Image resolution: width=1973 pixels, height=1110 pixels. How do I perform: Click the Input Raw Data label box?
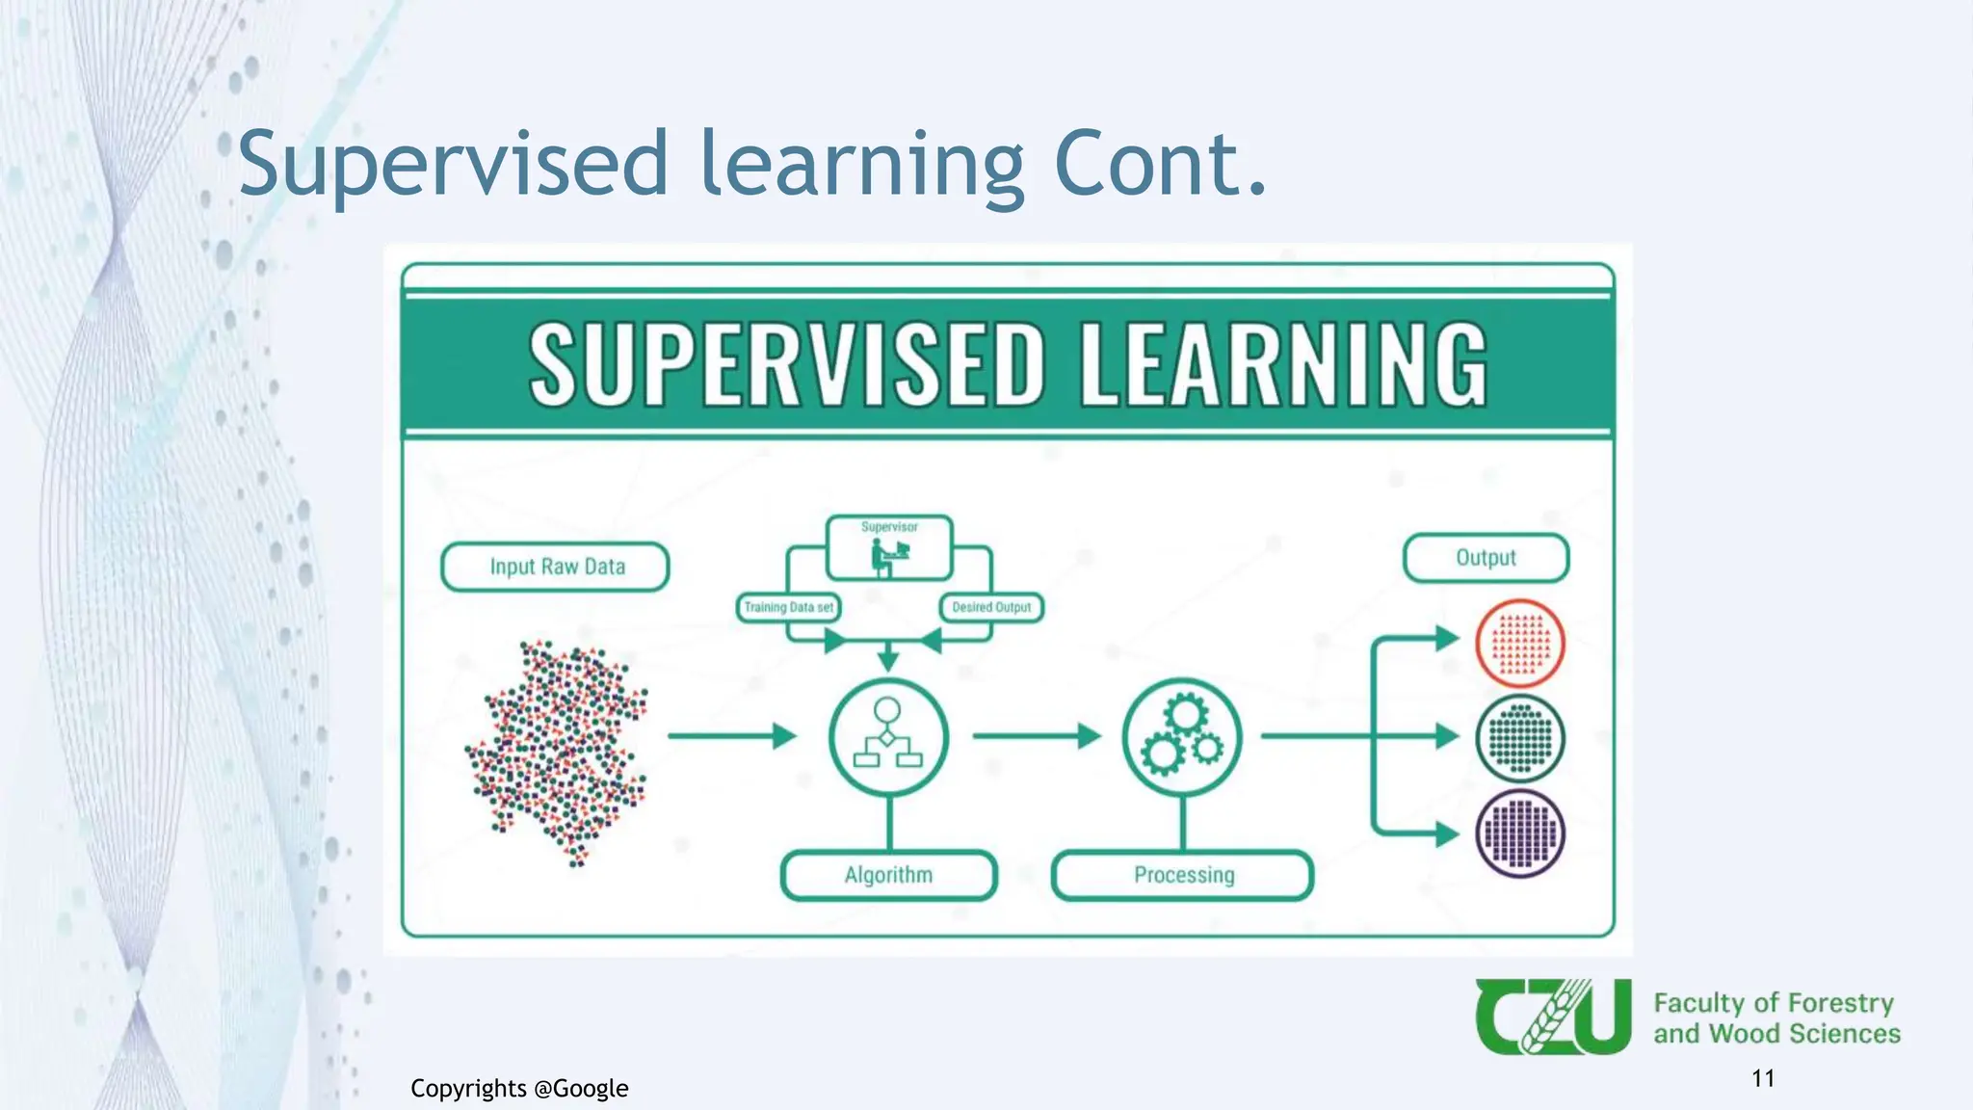[x=556, y=567]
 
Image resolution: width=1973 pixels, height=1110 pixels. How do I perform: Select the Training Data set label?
[x=788, y=607]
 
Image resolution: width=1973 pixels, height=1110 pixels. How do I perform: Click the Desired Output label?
[x=991, y=607]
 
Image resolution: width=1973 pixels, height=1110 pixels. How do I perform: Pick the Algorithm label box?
[x=888, y=875]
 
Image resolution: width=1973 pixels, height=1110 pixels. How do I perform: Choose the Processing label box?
[x=1183, y=875]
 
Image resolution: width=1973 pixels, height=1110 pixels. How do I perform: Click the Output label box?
[x=1486, y=558]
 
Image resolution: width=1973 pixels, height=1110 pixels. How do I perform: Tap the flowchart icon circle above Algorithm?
[x=888, y=737]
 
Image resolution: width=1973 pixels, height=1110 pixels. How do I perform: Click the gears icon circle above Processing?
[x=1182, y=737]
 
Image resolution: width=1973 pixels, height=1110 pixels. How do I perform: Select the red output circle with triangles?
[x=1519, y=643]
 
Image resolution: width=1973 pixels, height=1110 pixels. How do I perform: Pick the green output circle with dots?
[x=1519, y=738]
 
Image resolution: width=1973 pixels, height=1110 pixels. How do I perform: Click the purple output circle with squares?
[x=1519, y=833]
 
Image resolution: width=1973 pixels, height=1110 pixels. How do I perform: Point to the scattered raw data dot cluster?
[x=559, y=752]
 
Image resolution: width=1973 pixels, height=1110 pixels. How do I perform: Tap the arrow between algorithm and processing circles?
[x=1035, y=737]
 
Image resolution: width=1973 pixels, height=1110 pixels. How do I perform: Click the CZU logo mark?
[x=1552, y=1017]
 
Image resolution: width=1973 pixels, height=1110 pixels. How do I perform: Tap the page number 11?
[x=1763, y=1078]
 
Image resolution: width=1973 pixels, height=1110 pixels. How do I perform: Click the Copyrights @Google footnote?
[x=519, y=1089]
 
